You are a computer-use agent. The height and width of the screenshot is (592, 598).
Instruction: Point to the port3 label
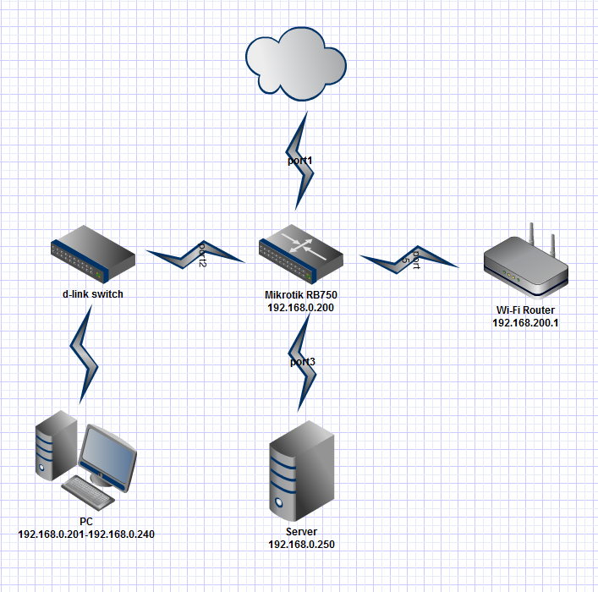pos(302,362)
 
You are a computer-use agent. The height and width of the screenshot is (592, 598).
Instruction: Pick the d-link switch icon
pos(92,255)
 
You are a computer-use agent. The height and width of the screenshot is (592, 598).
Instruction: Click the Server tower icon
pos(299,470)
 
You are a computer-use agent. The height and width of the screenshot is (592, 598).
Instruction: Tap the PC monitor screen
pos(107,456)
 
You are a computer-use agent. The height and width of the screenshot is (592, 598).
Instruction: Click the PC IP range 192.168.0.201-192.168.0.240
pos(86,534)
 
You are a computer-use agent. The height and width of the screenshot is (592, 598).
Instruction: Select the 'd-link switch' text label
pos(93,294)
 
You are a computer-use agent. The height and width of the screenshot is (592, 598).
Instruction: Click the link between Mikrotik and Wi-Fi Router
pos(409,259)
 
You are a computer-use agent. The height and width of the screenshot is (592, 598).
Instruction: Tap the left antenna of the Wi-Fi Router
pos(533,236)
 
